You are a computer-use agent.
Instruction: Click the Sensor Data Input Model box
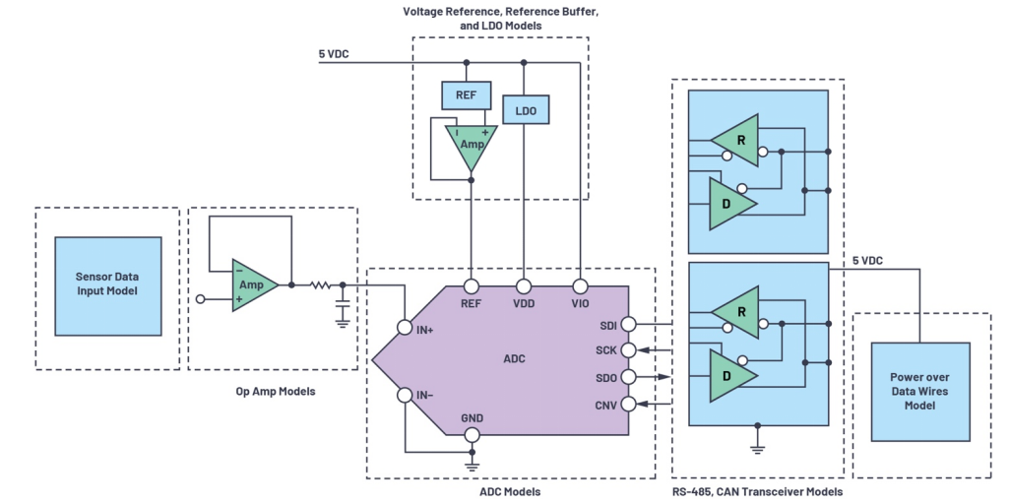pos(107,285)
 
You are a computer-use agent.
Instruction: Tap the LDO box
pos(525,110)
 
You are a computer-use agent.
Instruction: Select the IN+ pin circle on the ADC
pos(404,328)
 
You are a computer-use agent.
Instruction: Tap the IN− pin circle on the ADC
pos(404,396)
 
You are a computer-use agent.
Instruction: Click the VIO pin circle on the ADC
pos(581,285)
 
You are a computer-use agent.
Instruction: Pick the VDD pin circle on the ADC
pos(525,285)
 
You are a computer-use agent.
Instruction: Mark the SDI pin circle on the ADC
pos(629,324)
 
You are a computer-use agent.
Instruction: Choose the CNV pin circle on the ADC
pos(629,403)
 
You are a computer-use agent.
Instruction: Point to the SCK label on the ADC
pos(604,350)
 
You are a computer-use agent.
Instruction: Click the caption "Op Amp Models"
pos(276,391)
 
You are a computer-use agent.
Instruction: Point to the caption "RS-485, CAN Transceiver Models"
pos(759,491)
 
